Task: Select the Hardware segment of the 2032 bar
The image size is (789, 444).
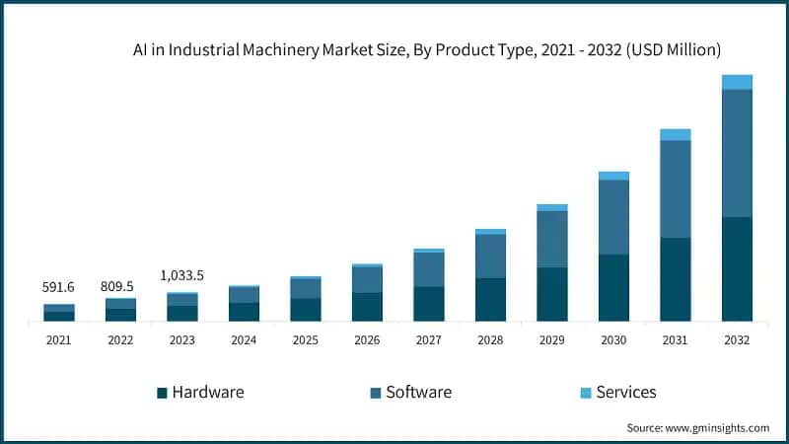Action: pos(737,268)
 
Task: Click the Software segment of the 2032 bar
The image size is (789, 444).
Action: pos(737,153)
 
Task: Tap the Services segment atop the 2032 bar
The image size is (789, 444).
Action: pos(737,82)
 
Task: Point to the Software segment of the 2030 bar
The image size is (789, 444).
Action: pos(613,217)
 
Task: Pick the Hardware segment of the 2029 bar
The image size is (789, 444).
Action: pos(552,294)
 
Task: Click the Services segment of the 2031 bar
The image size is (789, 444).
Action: pos(676,134)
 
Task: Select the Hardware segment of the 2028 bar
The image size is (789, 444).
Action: pos(490,299)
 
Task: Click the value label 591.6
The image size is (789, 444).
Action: pos(58,287)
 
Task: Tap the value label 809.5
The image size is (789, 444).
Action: pos(120,286)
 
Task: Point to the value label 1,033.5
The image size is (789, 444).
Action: pos(182,275)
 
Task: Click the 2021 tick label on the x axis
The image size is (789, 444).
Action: pos(58,339)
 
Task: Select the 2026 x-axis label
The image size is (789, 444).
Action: pos(367,339)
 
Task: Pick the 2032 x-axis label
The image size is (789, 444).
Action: pos(737,339)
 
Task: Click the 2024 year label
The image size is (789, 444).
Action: pos(244,339)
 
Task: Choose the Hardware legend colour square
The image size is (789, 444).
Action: pos(162,393)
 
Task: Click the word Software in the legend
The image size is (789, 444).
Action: pos(418,392)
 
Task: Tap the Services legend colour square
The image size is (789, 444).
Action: pos(586,393)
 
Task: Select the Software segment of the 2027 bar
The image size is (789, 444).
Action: pos(429,269)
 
